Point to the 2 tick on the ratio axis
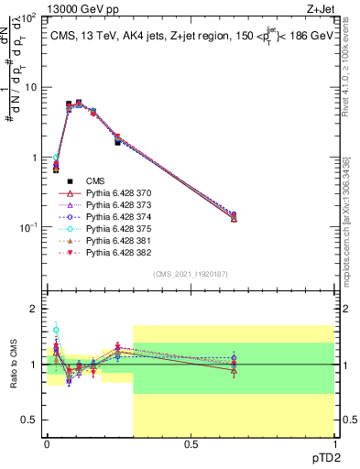point(35,309)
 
